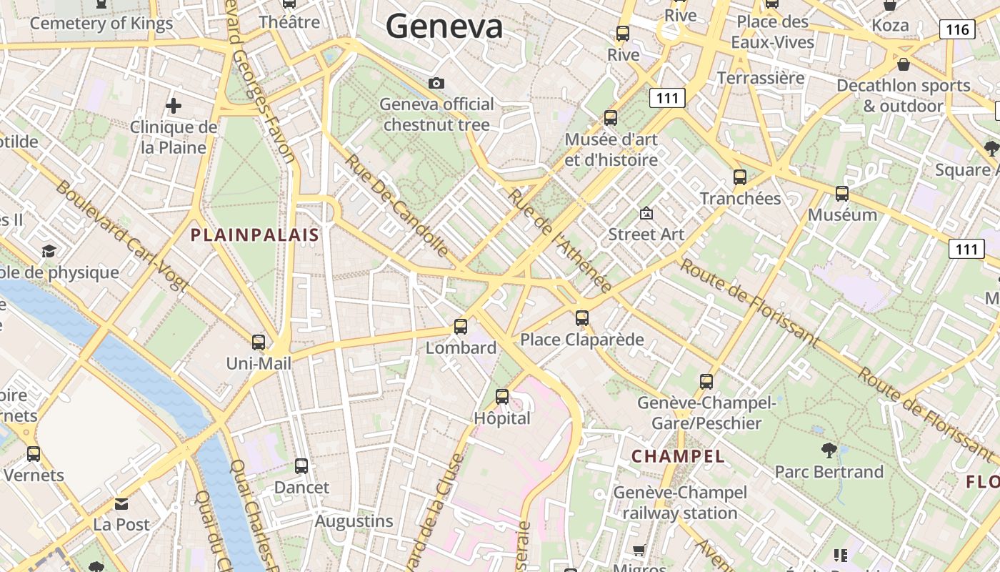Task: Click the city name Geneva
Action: (x=444, y=27)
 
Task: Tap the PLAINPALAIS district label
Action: (x=254, y=235)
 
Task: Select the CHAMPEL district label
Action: (x=678, y=456)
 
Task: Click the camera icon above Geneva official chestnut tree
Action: (x=436, y=84)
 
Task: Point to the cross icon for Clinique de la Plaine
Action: (x=173, y=107)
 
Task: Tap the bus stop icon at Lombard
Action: (x=461, y=327)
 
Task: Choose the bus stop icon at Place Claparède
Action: (x=582, y=318)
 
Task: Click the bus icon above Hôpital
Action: (x=502, y=396)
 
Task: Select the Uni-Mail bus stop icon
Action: (x=259, y=342)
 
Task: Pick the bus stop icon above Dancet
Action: (x=301, y=466)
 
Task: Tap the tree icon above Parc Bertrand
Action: (x=829, y=450)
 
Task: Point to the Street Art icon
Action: (x=646, y=213)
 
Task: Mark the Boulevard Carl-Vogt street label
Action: (x=121, y=236)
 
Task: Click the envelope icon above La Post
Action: (x=121, y=504)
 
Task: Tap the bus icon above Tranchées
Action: (x=740, y=177)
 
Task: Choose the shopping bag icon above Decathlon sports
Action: (x=903, y=65)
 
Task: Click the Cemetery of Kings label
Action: (x=101, y=24)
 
